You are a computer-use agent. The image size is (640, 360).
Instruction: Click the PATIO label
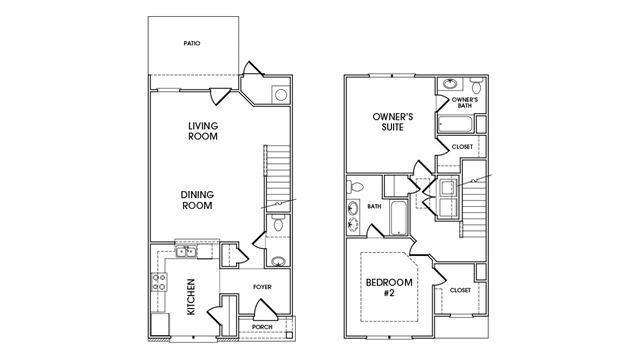pyautogui.click(x=192, y=43)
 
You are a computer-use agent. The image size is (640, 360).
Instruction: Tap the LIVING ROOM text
pyautogui.click(x=203, y=131)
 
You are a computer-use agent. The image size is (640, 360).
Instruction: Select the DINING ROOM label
pyautogui.click(x=197, y=200)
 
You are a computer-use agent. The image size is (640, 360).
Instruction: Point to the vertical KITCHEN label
pyautogui.click(x=191, y=297)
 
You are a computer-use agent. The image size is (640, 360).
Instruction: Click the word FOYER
pyautogui.click(x=262, y=287)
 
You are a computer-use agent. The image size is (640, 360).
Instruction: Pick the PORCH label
pyautogui.click(x=262, y=327)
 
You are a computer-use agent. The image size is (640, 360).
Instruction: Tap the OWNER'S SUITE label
pyautogui.click(x=387, y=122)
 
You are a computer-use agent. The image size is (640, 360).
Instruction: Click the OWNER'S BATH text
pyautogui.click(x=465, y=102)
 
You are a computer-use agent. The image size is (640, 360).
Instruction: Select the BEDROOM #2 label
pyautogui.click(x=389, y=287)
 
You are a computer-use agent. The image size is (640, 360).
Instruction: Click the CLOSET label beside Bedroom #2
pyautogui.click(x=460, y=290)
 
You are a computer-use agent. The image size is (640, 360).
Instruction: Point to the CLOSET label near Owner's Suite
pyautogui.click(x=462, y=147)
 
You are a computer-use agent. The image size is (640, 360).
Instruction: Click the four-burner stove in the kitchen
pyautogui.click(x=159, y=282)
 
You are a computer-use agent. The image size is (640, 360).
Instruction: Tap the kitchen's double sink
pyautogui.click(x=186, y=252)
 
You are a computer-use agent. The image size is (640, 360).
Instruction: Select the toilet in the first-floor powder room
pyautogui.click(x=278, y=223)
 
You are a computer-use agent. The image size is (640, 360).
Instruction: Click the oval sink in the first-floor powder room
pyautogui.click(x=279, y=261)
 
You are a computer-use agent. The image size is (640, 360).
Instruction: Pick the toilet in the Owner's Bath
pyautogui.click(x=476, y=85)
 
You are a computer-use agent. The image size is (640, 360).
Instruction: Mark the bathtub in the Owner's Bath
pyautogui.click(x=455, y=124)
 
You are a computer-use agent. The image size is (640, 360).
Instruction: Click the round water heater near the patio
pyautogui.click(x=281, y=95)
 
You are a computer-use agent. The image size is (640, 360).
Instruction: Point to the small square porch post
pyautogui.click(x=289, y=335)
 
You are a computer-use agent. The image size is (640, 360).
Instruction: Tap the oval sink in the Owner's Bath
pyautogui.click(x=450, y=84)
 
